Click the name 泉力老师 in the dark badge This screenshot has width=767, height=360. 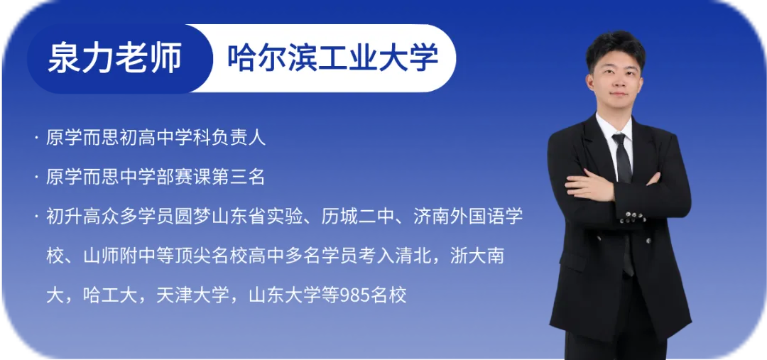click(x=114, y=58)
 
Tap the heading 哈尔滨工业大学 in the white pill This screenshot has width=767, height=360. click(x=332, y=58)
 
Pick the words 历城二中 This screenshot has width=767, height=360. click(x=357, y=216)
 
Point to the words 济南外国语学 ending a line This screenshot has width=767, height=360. click(x=468, y=216)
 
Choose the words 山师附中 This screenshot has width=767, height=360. click(x=120, y=256)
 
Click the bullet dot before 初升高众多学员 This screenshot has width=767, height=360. click(x=36, y=216)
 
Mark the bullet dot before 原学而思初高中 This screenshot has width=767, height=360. click(x=36, y=138)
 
